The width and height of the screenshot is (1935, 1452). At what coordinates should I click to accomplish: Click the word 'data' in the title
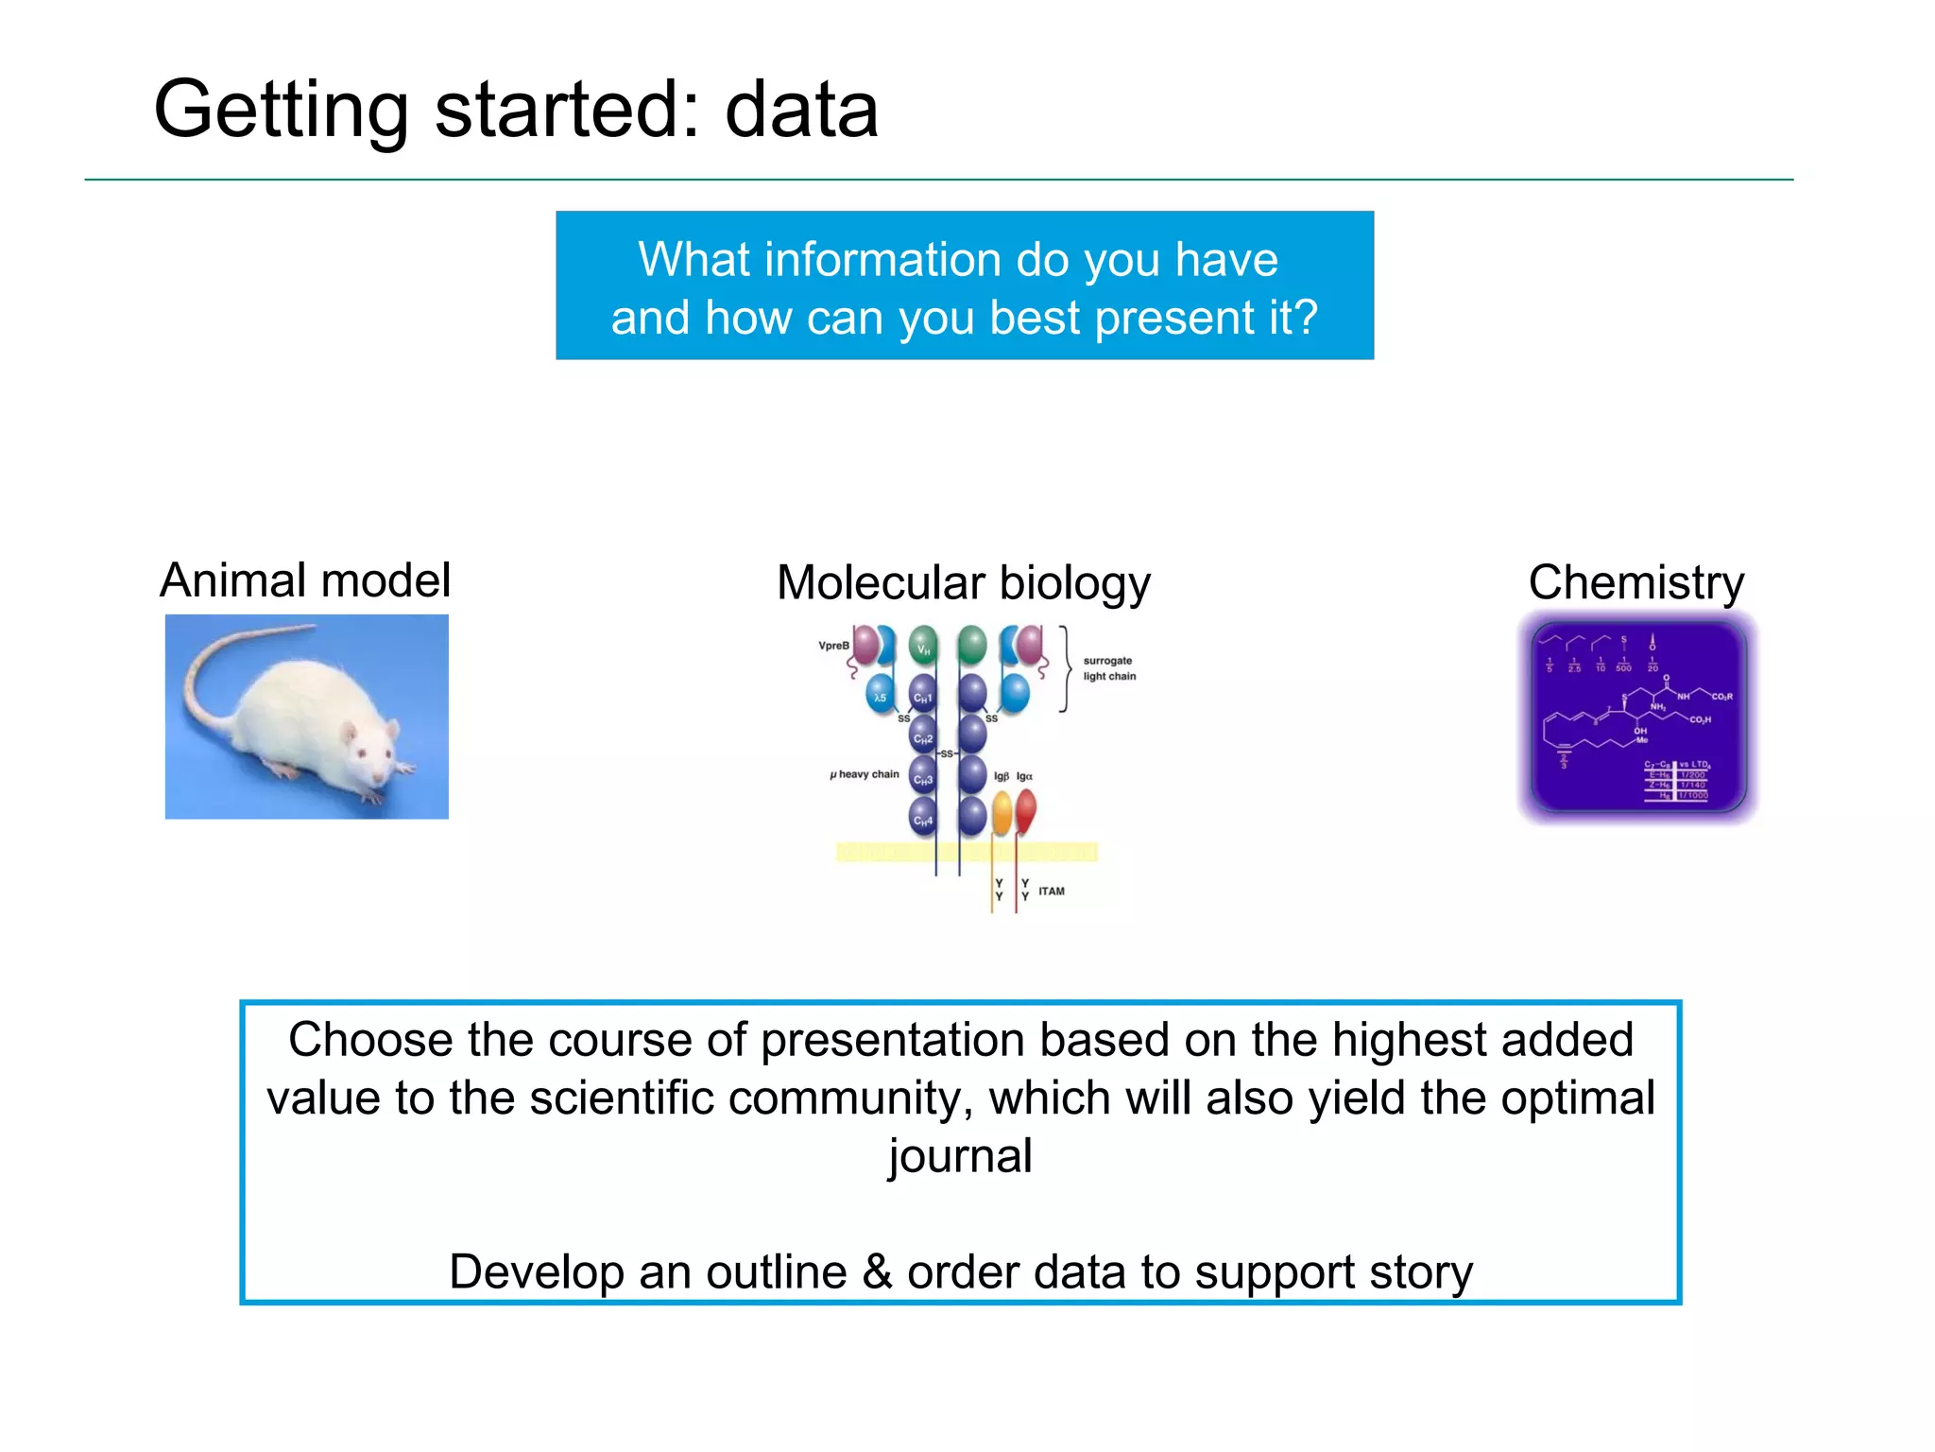pyautogui.click(x=801, y=111)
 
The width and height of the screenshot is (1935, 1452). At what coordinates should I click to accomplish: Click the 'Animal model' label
pyautogui.click(x=304, y=580)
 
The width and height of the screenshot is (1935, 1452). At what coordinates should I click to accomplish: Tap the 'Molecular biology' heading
pyautogui.click(x=963, y=583)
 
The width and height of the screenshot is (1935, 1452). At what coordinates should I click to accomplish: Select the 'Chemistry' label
pyautogui.click(x=1635, y=582)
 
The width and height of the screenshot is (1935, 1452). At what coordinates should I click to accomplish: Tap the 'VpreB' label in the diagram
pyautogui.click(x=833, y=646)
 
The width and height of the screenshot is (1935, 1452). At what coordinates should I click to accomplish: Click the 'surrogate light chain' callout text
pyautogui.click(x=1108, y=668)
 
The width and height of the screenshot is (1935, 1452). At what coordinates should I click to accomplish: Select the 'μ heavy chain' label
pyautogui.click(x=865, y=774)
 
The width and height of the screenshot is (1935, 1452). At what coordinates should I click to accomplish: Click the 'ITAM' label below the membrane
pyautogui.click(x=1051, y=890)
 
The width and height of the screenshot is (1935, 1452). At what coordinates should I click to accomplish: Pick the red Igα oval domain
pyautogui.click(x=1025, y=811)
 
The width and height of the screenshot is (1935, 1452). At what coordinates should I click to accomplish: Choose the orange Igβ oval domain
pyautogui.click(x=1002, y=813)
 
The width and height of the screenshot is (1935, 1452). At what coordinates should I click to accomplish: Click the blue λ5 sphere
pyautogui.click(x=880, y=696)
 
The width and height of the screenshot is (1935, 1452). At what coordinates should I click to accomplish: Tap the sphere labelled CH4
pyautogui.click(x=923, y=819)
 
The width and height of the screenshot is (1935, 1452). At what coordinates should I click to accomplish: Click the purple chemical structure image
pyautogui.click(x=1637, y=717)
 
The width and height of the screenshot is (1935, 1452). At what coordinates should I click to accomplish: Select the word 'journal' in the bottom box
pyautogui.click(x=960, y=1156)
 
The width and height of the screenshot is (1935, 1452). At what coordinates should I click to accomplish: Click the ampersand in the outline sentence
pyautogui.click(x=877, y=1271)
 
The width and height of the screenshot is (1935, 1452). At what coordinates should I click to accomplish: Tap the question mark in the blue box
pyautogui.click(x=1306, y=317)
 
